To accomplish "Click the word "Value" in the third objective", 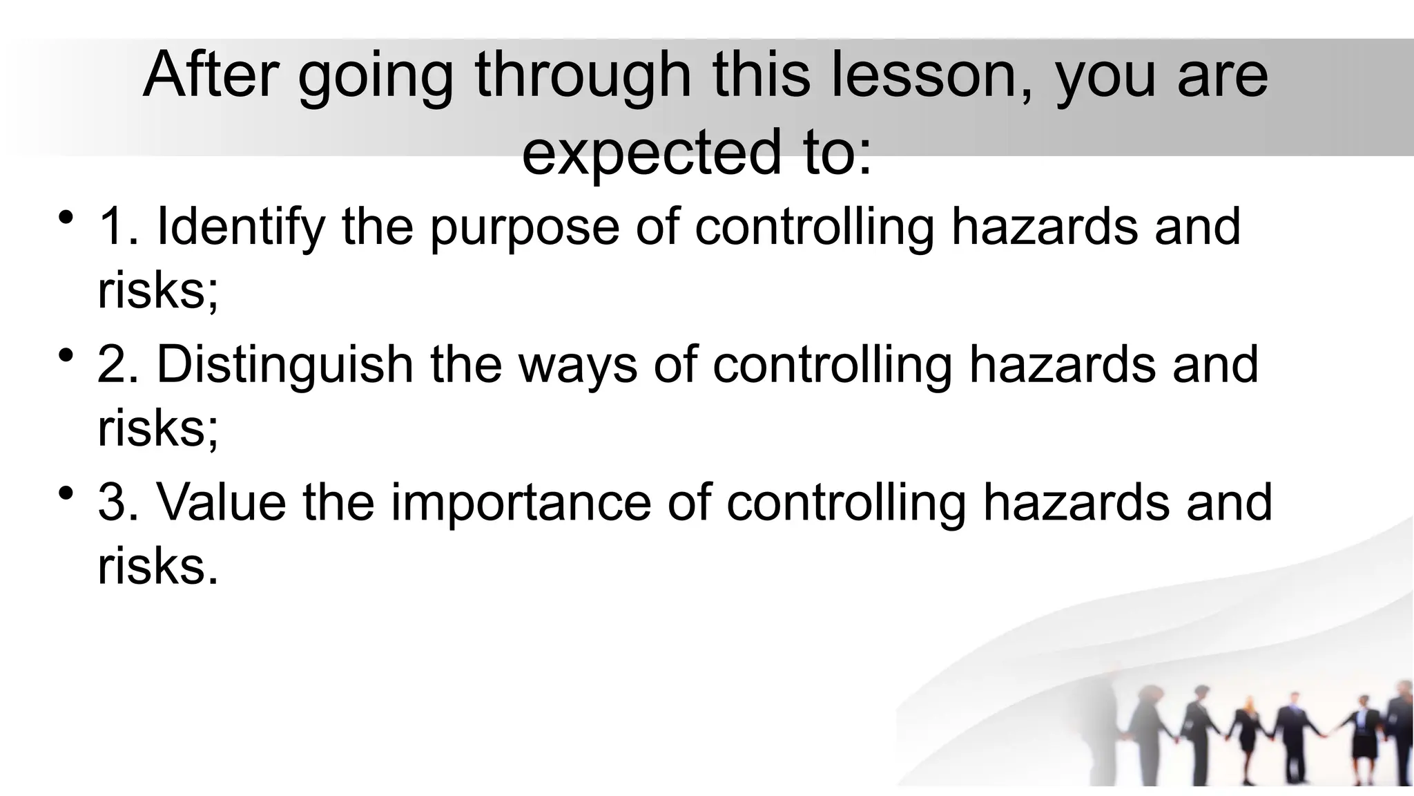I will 222,502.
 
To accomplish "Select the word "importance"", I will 521,502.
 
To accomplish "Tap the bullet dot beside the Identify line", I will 66,218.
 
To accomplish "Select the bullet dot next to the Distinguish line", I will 66,356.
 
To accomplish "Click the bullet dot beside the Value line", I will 66,493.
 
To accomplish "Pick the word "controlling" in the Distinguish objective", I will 833,365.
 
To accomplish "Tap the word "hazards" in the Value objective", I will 1076,502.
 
